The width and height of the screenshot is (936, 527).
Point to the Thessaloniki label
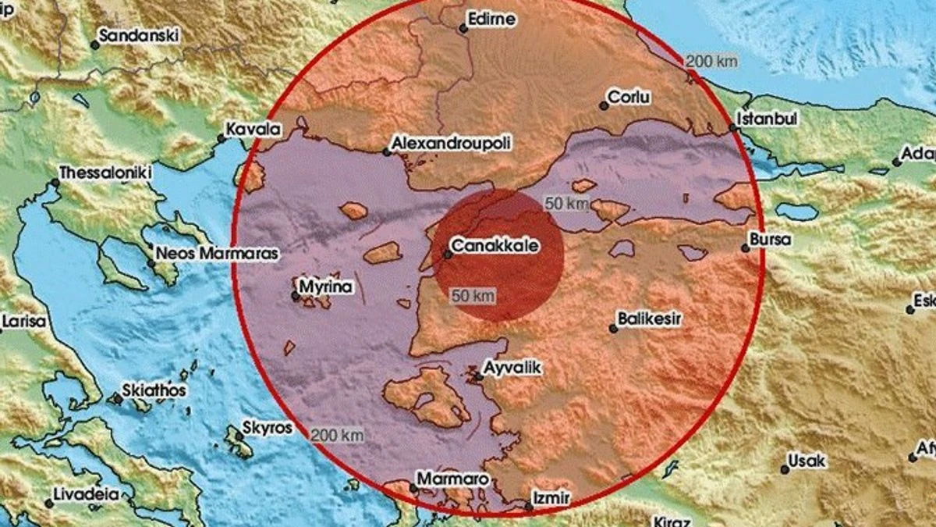point(105,173)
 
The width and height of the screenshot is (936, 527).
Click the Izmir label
point(551,497)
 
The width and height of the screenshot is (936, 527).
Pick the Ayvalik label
point(512,365)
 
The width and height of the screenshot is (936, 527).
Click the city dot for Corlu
point(603,105)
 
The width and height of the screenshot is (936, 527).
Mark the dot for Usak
point(784,469)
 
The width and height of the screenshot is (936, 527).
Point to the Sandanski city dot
point(95,45)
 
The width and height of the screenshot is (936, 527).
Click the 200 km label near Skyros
point(336,435)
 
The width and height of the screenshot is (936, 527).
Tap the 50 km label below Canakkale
point(473,296)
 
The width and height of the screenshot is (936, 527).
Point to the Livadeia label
point(86,493)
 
